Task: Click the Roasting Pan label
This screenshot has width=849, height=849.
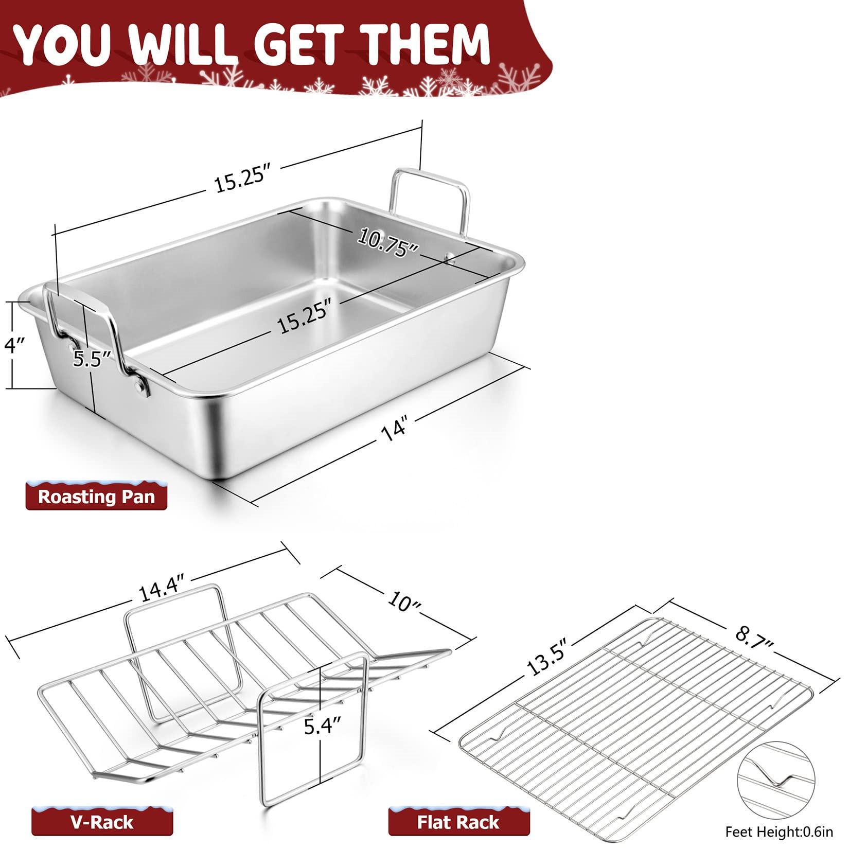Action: click(96, 497)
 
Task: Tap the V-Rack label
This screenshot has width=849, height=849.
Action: click(102, 822)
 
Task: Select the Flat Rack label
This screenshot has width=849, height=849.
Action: click(457, 822)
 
